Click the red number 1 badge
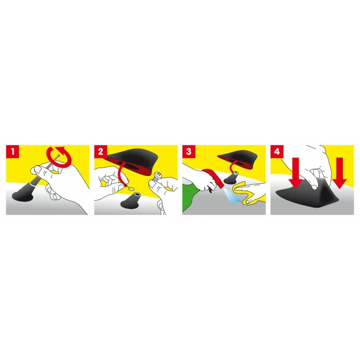pos(12,152)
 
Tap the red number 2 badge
pos(100,152)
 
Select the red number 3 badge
pos(189,152)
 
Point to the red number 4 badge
pos(277,152)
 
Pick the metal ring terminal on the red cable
pos(130,188)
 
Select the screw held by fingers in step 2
pos(158,176)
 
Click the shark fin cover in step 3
pos(236,159)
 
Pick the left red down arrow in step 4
pos(296,173)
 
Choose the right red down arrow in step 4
pos(339,173)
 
